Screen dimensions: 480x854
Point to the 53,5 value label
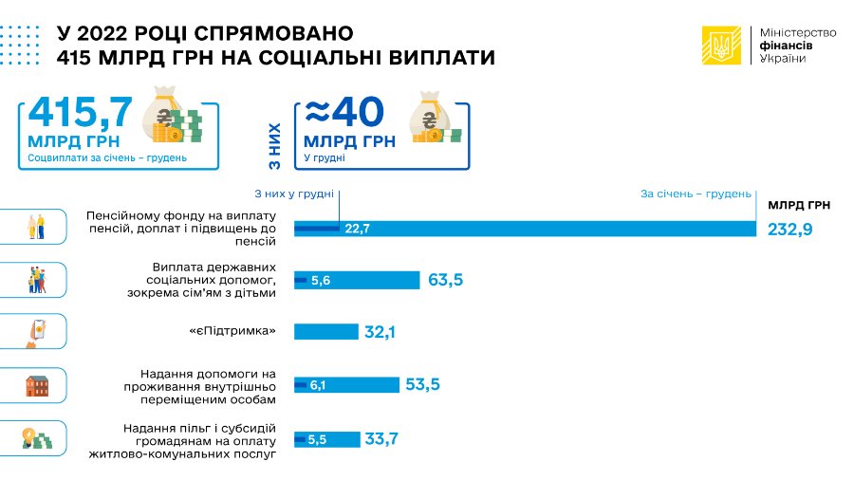423,384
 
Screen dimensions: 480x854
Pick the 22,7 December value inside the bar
357,229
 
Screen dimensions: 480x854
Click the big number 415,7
80,114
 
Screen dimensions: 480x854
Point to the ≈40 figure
344,114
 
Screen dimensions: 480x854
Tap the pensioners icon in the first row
34,227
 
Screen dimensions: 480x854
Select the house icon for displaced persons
36,385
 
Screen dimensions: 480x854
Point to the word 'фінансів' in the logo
787,46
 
